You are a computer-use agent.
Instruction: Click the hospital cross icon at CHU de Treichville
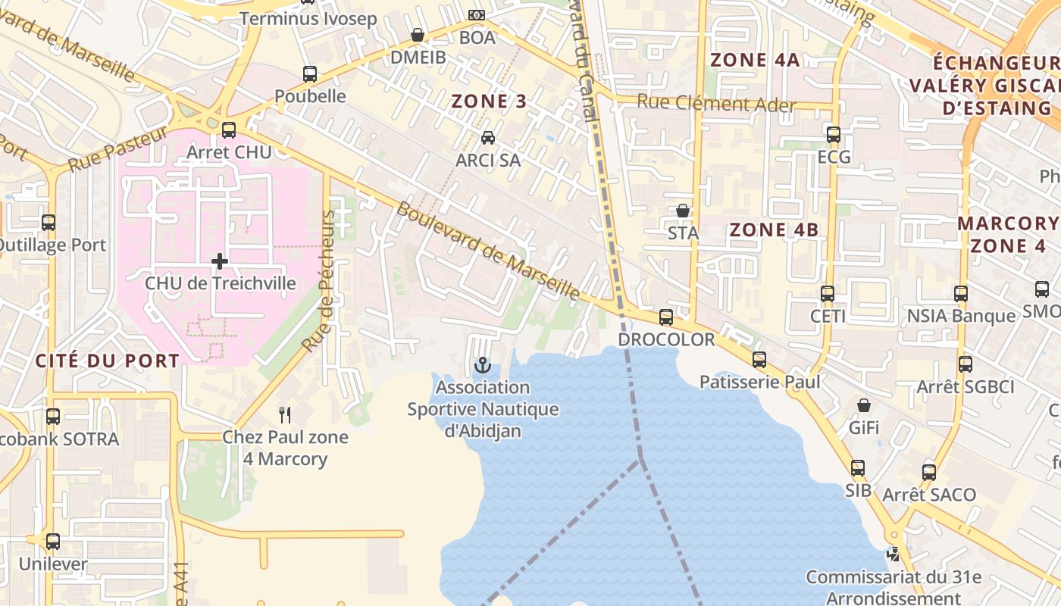220,262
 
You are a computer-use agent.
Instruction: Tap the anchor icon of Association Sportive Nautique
482,366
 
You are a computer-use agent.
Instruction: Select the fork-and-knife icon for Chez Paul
285,414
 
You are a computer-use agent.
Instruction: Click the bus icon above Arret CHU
229,130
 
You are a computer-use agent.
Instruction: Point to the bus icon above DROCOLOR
666,317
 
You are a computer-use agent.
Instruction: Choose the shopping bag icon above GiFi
863,406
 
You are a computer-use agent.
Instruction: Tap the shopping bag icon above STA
683,211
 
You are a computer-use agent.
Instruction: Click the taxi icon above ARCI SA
488,138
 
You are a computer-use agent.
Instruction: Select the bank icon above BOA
477,15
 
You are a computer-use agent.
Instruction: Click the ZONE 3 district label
489,101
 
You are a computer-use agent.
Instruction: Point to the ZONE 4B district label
774,230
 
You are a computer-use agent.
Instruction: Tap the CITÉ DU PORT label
108,361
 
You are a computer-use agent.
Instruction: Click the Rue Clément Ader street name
716,104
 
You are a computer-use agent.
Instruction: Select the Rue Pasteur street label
117,149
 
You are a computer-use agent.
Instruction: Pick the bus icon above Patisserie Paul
759,360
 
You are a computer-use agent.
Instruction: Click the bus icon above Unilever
52,542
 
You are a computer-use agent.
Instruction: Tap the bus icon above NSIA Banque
961,294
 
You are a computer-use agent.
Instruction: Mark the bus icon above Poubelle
310,74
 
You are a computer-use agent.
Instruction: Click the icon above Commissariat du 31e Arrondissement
894,554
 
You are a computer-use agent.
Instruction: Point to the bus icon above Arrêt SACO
929,473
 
